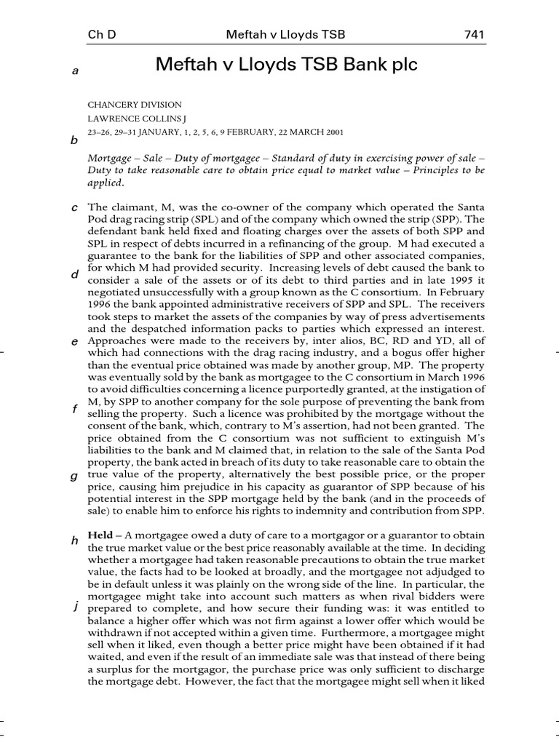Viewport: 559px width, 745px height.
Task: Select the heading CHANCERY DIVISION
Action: [x=135, y=105]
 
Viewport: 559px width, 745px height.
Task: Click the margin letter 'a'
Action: [x=74, y=71]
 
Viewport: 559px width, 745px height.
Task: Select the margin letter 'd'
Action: [x=74, y=275]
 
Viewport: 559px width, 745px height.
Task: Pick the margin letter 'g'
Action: [x=74, y=477]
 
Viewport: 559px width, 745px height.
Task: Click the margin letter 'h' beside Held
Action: [x=74, y=541]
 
